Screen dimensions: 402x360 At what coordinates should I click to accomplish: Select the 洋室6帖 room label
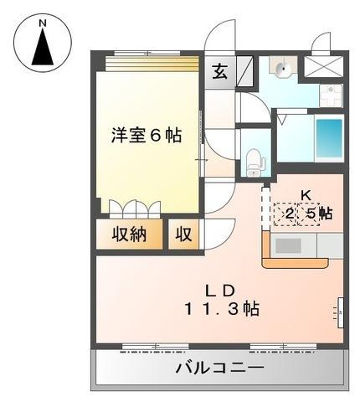click(147, 134)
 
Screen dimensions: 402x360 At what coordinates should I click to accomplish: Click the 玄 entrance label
click(218, 72)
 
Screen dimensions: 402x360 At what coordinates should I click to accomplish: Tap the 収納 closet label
click(132, 234)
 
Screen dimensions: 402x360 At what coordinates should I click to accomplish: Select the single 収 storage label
click(183, 234)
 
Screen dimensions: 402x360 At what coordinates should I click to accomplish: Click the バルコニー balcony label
click(220, 368)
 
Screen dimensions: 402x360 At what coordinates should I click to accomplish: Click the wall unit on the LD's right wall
click(341, 312)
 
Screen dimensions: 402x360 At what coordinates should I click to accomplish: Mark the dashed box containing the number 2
click(287, 214)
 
